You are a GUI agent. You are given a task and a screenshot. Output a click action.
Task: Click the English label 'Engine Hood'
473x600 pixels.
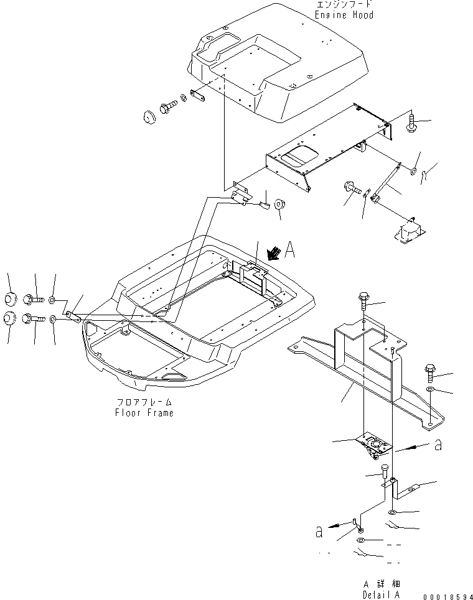point(344,14)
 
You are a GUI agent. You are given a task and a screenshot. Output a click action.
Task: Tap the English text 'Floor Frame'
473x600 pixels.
point(144,413)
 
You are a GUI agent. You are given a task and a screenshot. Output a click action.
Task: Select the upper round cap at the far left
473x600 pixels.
point(10,298)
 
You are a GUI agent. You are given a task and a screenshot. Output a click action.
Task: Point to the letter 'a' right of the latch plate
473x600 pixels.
point(439,445)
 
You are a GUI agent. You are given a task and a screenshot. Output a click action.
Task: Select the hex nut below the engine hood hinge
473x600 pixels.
point(279,205)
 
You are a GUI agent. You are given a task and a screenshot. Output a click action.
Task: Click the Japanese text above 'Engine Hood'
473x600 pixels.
point(344,4)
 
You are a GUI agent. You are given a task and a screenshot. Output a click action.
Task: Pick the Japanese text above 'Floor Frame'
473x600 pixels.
point(144,403)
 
